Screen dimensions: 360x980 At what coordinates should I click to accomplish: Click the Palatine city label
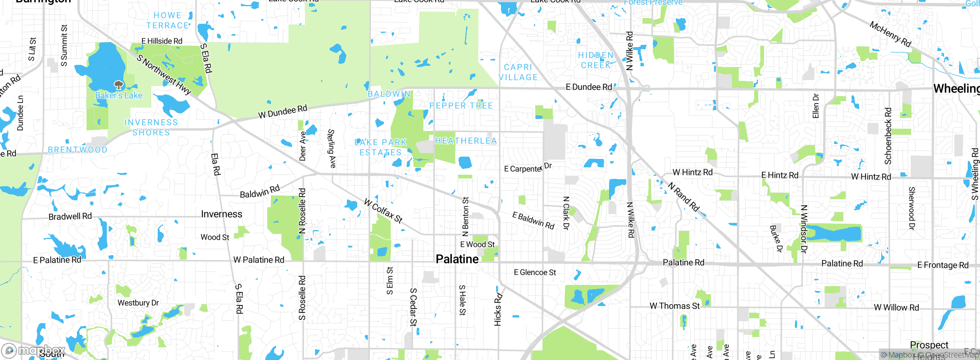click(x=457, y=259)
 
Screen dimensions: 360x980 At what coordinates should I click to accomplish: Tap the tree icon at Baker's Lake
click(x=119, y=85)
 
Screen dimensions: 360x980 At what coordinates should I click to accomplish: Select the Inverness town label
click(x=222, y=214)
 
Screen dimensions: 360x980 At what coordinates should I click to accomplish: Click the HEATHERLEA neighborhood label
click(x=466, y=141)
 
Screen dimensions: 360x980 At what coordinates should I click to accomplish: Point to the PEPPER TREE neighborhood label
click(x=461, y=106)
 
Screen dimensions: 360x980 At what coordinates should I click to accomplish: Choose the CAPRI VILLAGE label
click(x=518, y=72)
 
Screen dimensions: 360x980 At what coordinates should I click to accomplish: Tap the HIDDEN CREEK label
click(x=596, y=61)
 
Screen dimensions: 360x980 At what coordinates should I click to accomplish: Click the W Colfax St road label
click(x=383, y=210)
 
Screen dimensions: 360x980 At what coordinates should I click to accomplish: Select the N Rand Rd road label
click(x=684, y=197)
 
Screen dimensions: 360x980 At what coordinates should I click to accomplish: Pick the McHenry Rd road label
click(x=890, y=34)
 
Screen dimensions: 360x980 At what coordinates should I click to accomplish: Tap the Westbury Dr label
click(x=138, y=303)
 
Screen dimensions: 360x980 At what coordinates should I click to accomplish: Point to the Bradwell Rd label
click(x=70, y=216)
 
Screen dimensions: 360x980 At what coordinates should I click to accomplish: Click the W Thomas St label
click(x=675, y=306)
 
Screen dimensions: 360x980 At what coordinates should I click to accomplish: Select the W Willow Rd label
click(x=896, y=308)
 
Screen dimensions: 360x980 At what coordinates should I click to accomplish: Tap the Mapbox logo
click(x=34, y=350)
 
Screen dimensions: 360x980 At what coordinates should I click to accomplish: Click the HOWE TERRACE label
click(x=168, y=21)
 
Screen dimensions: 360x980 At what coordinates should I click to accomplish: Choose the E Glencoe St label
click(x=535, y=272)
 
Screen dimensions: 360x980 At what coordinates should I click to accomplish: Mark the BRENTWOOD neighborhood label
click(x=77, y=150)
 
